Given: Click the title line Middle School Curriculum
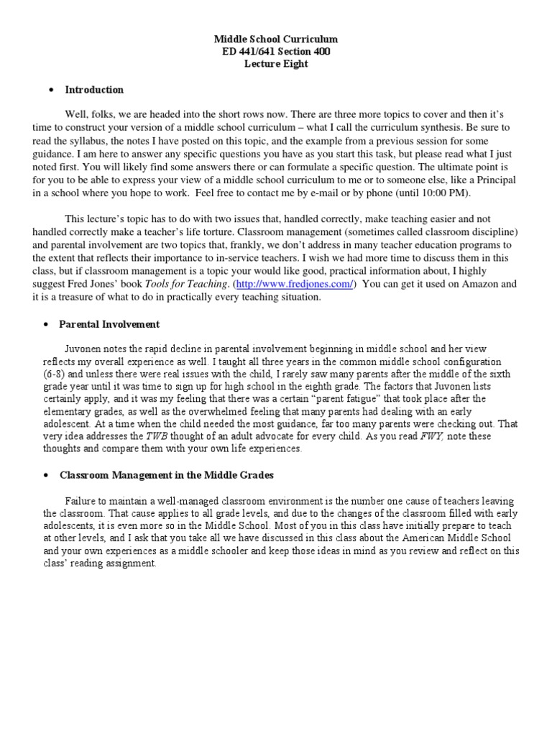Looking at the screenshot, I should (x=277, y=39).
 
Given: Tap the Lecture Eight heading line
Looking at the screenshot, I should (x=277, y=64).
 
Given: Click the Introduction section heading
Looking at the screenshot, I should (x=94, y=90).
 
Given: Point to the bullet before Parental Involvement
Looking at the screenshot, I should (x=50, y=324).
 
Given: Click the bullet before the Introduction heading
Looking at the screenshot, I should (x=50, y=90).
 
